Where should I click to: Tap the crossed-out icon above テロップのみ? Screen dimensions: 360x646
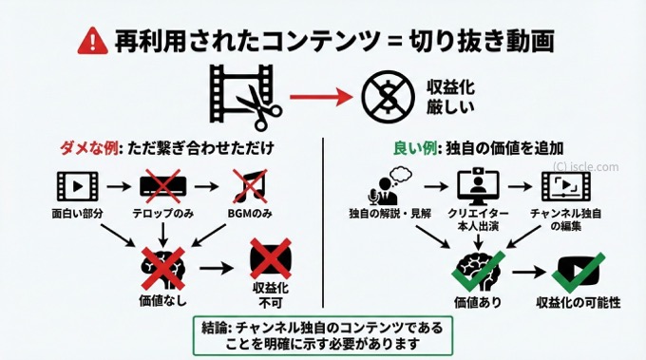[x=161, y=184]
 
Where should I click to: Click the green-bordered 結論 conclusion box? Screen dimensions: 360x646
[x=323, y=333]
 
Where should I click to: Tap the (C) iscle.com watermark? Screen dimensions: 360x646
[x=583, y=167]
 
